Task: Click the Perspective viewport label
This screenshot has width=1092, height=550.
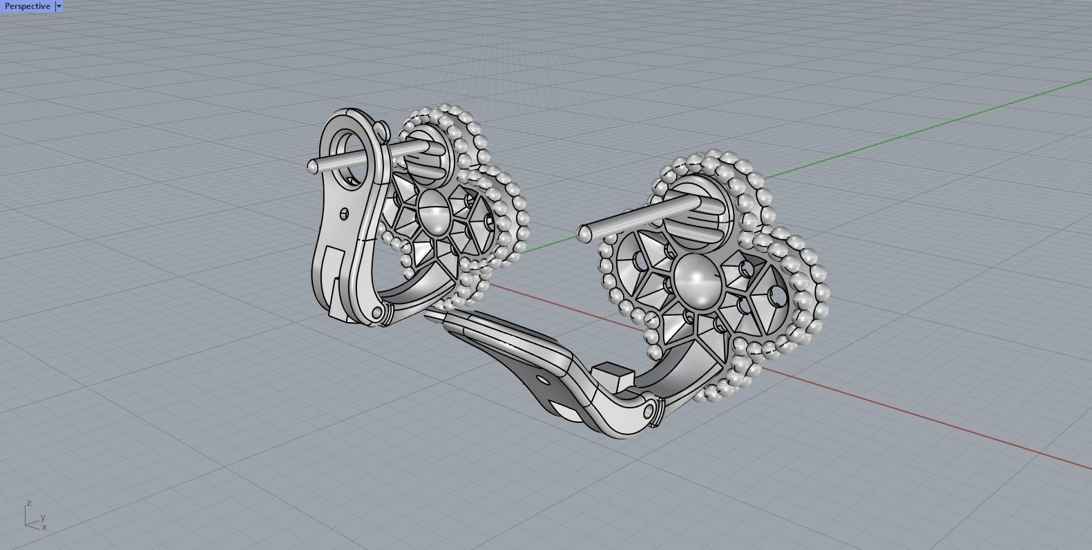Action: point(26,6)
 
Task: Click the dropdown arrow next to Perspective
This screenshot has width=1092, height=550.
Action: point(59,6)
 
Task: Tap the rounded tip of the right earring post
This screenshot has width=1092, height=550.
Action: point(584,235)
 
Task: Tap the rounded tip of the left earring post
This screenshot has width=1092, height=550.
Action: point(312,166)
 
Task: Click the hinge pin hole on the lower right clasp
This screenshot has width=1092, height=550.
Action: point(648,412)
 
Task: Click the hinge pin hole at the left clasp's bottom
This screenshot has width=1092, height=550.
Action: point(376,313)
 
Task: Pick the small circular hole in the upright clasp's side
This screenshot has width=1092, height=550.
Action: point(345,214)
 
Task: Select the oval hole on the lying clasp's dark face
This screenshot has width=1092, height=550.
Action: point(543,380)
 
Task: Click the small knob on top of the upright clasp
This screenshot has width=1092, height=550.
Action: point(382,129)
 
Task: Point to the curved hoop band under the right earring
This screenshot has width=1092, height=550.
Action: point(680,377)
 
